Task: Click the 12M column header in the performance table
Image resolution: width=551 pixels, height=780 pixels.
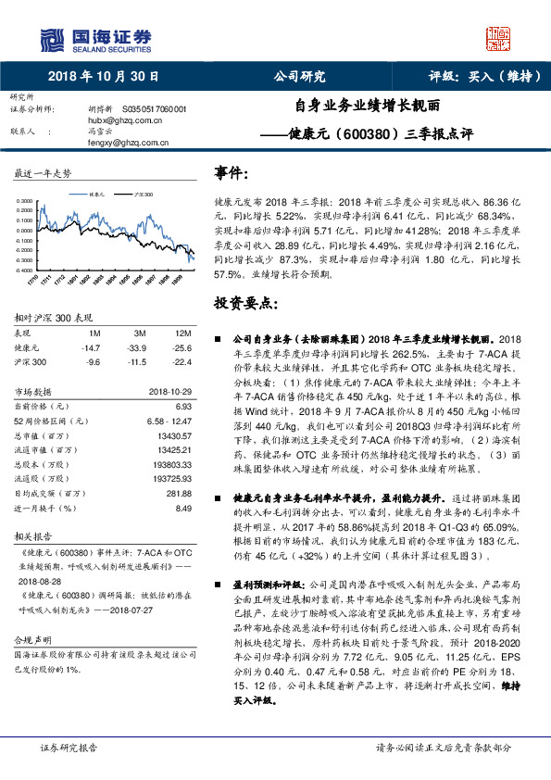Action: pos(183,333)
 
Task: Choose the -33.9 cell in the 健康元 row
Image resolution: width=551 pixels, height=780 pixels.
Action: pos(140,347)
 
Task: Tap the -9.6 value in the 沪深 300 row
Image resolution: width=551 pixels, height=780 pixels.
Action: pos(93,362)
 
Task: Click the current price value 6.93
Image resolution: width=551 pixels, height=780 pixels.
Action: pos(182,406)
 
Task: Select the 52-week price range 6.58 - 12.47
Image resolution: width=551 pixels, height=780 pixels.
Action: pos(169,420)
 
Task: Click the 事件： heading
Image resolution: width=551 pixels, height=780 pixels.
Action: pos(232,173)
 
